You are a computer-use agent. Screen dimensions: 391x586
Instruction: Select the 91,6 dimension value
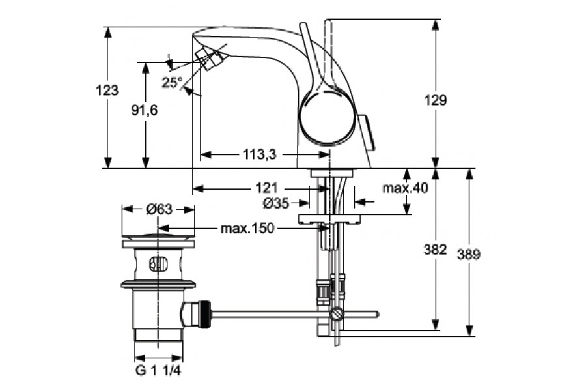point(145,110)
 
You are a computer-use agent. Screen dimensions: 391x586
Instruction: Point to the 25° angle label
point(172,83)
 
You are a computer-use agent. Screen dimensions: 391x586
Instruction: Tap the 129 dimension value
point(438,100)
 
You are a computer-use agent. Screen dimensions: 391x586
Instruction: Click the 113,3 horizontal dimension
point(259,154)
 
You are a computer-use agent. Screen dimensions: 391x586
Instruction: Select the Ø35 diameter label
point(276,203)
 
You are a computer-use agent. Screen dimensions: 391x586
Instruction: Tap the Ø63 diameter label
point(159,209)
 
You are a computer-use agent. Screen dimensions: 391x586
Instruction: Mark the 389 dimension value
point(469,255)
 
